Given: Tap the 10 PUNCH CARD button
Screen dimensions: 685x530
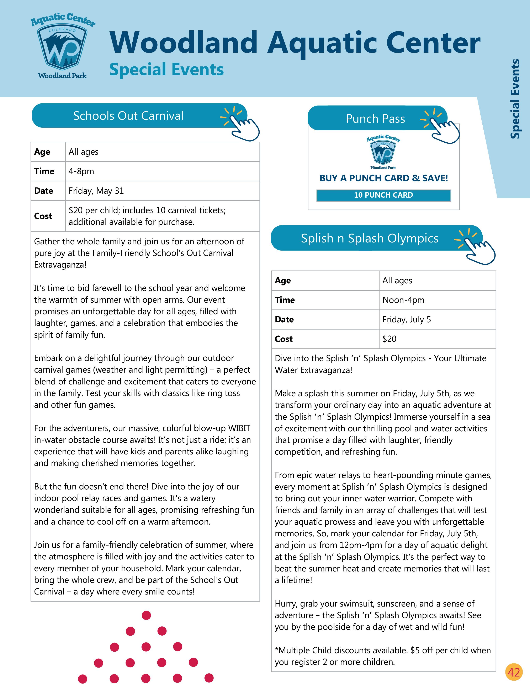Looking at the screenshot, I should pos(383,195).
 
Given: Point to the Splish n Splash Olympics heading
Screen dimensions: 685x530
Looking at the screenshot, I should pos(370,238).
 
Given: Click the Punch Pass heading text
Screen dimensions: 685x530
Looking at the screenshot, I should pos(375,119).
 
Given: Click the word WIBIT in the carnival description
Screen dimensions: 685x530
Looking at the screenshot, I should pos(239,428).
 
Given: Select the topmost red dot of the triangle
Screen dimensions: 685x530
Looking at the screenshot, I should pos(146,615).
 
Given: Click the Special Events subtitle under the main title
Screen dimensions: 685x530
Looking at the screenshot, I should pos(166,69).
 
